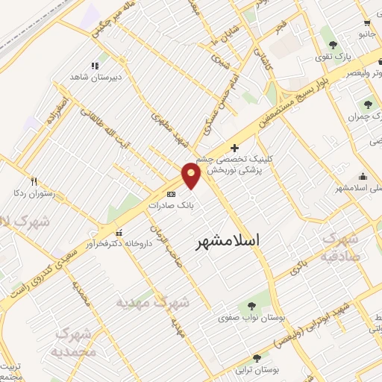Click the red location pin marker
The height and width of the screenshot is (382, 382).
pos(192,175)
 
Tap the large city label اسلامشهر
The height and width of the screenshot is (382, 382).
pos(229,240)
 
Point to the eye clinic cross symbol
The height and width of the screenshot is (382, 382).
pos(236,148)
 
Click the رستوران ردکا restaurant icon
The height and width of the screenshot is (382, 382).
pos(33,181)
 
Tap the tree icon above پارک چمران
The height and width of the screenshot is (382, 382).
pos(367,104)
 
